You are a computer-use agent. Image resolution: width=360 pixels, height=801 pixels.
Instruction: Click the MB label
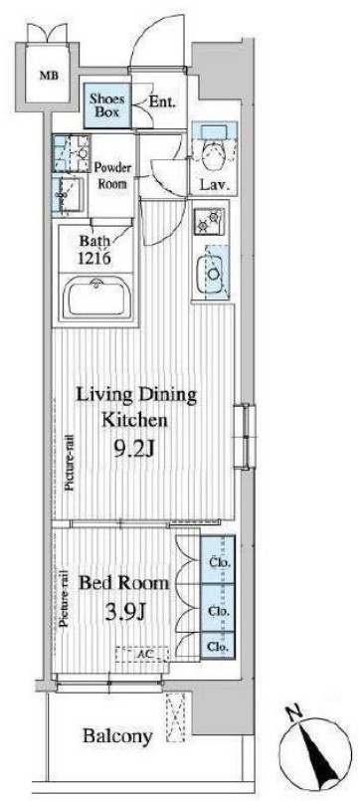(50, 77)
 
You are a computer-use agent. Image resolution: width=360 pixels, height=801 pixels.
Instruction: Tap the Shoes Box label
(106, 104)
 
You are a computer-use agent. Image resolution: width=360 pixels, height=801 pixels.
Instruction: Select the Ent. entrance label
(162, 102)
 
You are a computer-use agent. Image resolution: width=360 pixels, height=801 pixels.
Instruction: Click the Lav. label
(214, 184)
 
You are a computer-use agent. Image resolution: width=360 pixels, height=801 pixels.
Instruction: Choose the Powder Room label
(112, 175)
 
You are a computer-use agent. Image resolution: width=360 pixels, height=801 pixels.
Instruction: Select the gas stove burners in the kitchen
(208, 220)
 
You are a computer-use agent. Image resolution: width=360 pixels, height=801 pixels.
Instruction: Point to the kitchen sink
(214, 273)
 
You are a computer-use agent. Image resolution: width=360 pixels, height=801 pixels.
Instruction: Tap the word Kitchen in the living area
(134, 421)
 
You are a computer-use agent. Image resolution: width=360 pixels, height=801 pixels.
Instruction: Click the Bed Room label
(123, 583)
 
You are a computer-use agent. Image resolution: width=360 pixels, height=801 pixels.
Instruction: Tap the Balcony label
(118, 736)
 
